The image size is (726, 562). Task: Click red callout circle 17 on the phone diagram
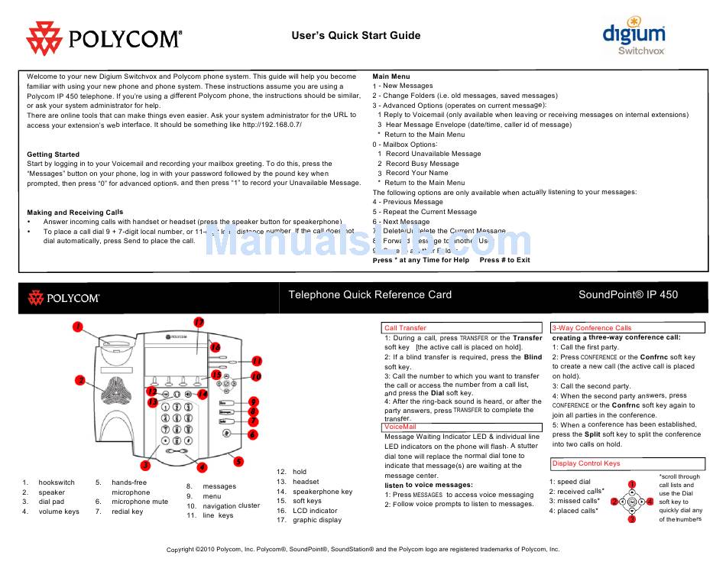pyautogui.click(x=199, y=322)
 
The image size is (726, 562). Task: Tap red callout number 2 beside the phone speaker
pyautogui.click(x=79, y=380)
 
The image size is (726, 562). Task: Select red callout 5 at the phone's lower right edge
pyautogui.click(x=238, y=461)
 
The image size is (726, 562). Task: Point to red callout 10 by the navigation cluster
pyautogui.click(x=256, y=376)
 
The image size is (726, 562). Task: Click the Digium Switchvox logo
pyautogui.click(x=634, y=36)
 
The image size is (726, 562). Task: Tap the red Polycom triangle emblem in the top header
pyautogui.click(x=45, y=37)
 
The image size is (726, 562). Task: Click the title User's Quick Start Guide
pyautogui.click(x=356, y=35)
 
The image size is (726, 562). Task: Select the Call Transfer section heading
pyautogui.click(x=406, y=328)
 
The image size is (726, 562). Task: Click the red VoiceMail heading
pyautogui.click(x=400, y=427)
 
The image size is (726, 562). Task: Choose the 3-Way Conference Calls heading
pyautogui.click(x=592, y=328)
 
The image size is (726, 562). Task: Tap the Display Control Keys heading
pyautogui.click(x=586, y=463)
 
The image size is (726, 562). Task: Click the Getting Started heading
pyautogui.click(x=53, y=154)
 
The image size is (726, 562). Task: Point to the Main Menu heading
pyautogui.click(x=391, y=76)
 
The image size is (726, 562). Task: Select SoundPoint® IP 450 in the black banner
pyautogui.click(x=627, y=294)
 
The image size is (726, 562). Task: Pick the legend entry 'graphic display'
pyautogui.click(x=317, y=520)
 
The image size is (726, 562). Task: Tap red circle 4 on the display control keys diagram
pyautogui.click(x=650, y=502)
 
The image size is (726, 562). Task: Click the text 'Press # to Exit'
pyautogui.click(x=504, y=260)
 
